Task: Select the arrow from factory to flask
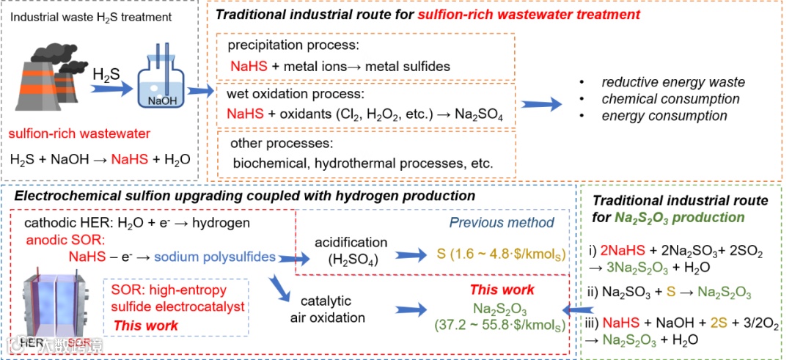click(x=110, y=90)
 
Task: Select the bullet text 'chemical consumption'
click(x=670, y=99)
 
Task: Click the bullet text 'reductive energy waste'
click(x=673, y=82)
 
